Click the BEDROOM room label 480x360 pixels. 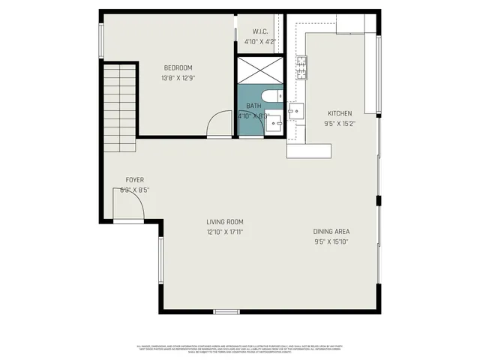pyautogui.click(x=178, y=68)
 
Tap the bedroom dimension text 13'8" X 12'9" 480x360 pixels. pyautogui.click(x=178, y=78)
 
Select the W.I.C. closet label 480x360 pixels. pyautogui.click(x=260, y=31)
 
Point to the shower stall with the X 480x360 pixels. pyautogui.click(x=260, y=69)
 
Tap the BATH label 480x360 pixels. pyautogui.click(x=254, y=106)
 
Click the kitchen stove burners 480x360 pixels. pyautogui.click(x=302, y=67)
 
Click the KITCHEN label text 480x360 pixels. pyautogui.click(x=339, y=114)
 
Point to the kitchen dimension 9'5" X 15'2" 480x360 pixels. pyautogui.click(x=339, y=124)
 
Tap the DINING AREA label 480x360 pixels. pyautogui.click(x=331, y=231)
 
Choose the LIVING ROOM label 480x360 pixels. pyautogui.click(x=225, y=221)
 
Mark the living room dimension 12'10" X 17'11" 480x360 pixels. pyautogui.click(x=225, y=232)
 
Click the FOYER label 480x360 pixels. pyautogui.click(x=134, y=180)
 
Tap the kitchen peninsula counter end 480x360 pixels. pyautogui.click(x=308, y=151)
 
